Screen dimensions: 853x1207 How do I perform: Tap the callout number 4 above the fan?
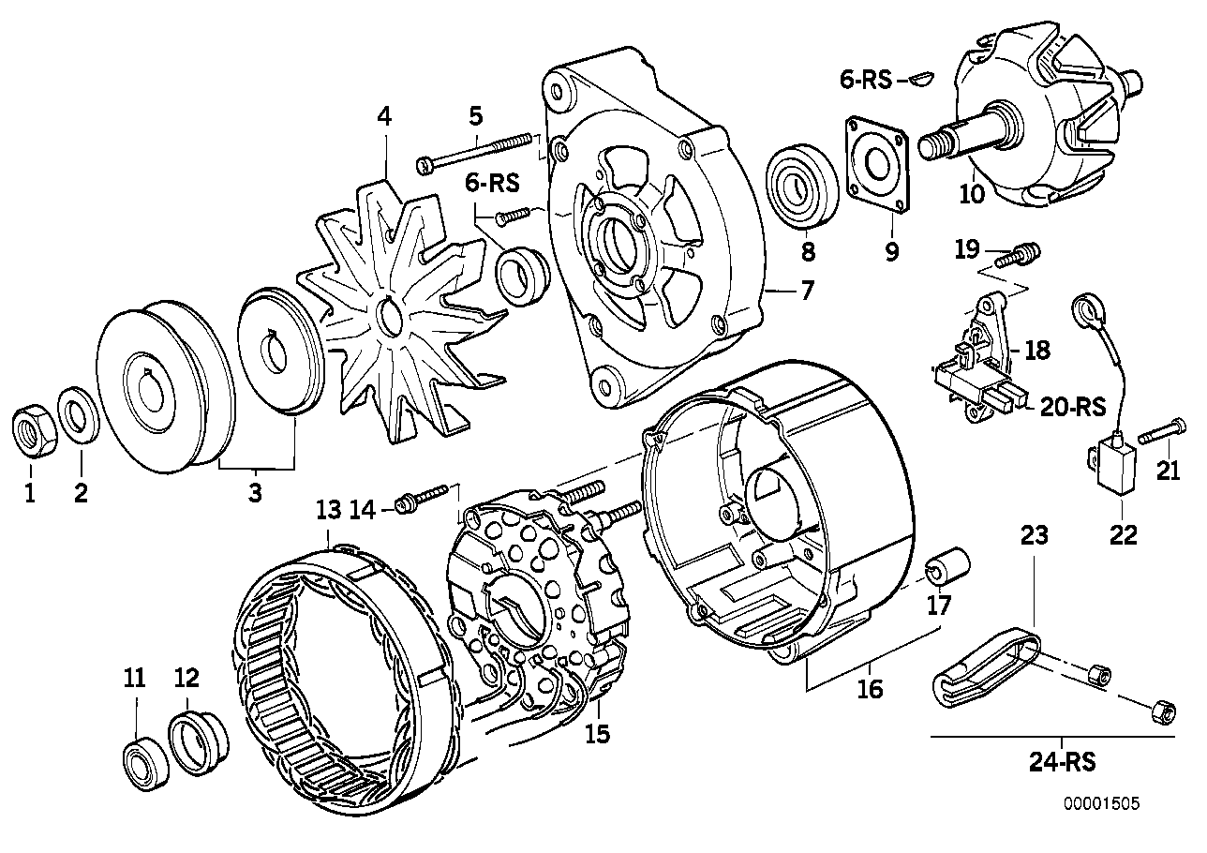(x=384, y=116)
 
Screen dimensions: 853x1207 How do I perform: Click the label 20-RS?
(x=1073, y=408)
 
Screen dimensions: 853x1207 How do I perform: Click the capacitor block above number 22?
(x=1112, y=467)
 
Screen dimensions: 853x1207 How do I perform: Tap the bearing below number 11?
(x=142, y=751)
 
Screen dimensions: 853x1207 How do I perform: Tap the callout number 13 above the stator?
(x=327, y=511)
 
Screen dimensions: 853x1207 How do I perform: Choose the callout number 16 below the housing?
(x=870, y=689)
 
